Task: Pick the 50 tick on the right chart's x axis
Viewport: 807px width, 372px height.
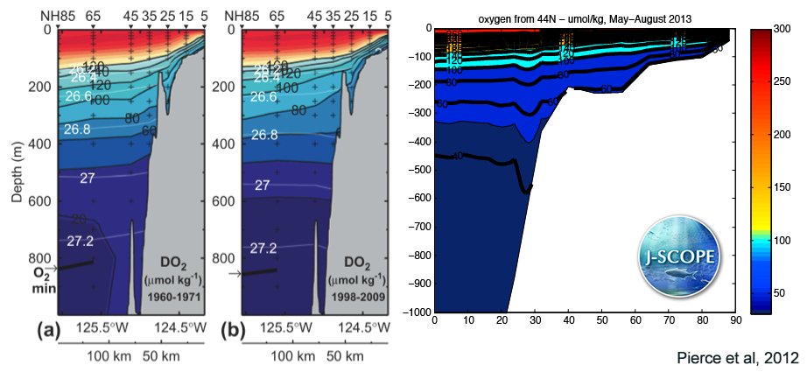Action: [x=601, y=321]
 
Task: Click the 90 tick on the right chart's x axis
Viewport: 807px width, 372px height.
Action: [x=735, y=321]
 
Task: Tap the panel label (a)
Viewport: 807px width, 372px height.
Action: [x=74, y=330]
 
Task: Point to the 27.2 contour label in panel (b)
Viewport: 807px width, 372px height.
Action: [x=268, y=249]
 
